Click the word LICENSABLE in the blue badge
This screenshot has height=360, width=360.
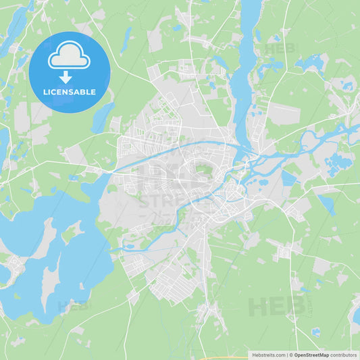[70, 92]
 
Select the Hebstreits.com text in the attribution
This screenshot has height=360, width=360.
[268, 355]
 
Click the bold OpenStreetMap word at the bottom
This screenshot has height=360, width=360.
[311, 355]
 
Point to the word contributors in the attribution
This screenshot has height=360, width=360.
[343, 355]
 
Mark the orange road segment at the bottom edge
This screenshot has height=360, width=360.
[230, 358]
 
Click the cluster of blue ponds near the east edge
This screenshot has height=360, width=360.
[338, 162]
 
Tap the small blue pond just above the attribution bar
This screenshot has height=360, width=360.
[315, 332]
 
